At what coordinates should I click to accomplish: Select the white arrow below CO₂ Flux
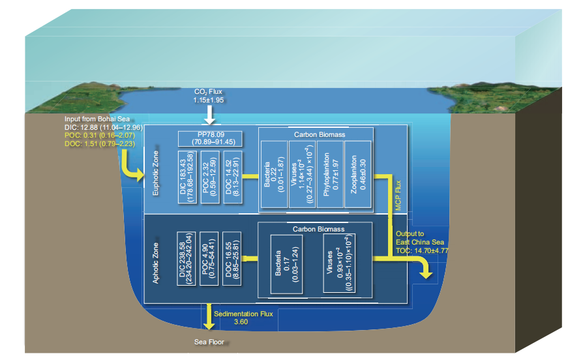pyautogui.click(x=209, y=115)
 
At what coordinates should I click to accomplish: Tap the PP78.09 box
pyautogui.click(x=211, y=138)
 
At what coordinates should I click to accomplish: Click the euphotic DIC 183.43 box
pyautogui.click(x=188, y=178)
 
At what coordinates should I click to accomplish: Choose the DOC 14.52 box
pyautogui.click(x=232, y=178)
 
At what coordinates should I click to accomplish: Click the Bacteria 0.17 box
pyautogui.click(x=282, y=263)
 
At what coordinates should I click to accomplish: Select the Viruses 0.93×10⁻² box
pyautogui.click(x=340, y=263)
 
